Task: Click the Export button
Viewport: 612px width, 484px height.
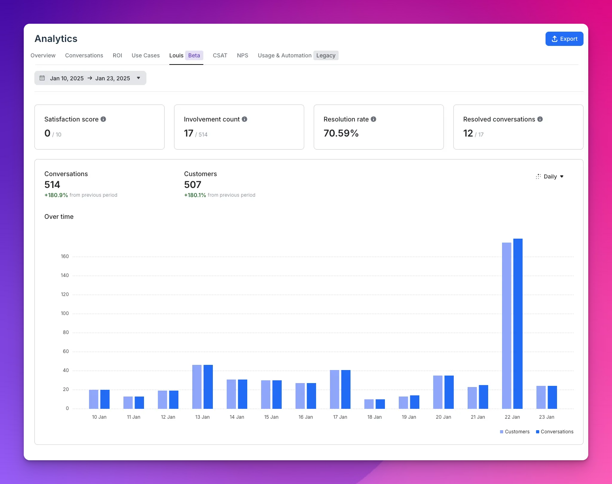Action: pyautogui.click(x=564, y=39)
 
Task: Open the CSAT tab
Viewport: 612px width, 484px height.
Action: pyautogui.click(x=220, y=55)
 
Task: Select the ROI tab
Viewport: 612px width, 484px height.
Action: pyautogui.click(x=117, y=55)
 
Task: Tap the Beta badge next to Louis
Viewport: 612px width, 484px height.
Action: pyautogui.click(x=194, y=55)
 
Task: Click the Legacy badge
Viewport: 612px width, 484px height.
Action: pyautogui.click(x=326, y=55)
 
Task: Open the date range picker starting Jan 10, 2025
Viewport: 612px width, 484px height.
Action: pyautogui.click(x=90, y=78)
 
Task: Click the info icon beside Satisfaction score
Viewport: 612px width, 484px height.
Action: pyautogui.click(x=103, y=119)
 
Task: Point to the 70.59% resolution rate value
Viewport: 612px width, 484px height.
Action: pyautogui.click(x=341, y=133)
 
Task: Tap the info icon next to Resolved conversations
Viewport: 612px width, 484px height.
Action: pyautogui.click(x=540, y=119)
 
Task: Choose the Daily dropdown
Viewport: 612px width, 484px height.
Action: pyautogui.click(x=550, y=177)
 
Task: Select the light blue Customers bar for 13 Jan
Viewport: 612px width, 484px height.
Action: pyautogui.click(x=197, y=387)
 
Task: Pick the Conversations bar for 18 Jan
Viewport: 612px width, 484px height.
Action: pyautogui.click(x=380, y=404)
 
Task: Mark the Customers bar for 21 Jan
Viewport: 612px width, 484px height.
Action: pyautogui.click(x=472, y=398)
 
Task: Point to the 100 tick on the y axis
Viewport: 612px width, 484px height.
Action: pyautogui.click(x=65, y=313)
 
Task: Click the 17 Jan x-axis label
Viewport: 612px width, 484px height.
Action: pyautogui.click(x=340, y=417)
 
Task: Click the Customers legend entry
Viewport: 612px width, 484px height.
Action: pyautogui.click(x=515, y=432)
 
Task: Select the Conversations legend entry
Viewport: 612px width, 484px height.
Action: pyautogui.click(x=555, y=432)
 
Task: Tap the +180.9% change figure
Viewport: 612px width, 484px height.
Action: pyautogui.click(x=56, y=195)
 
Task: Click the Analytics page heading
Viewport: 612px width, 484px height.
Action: pyautogui.click(x=56, y=39)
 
